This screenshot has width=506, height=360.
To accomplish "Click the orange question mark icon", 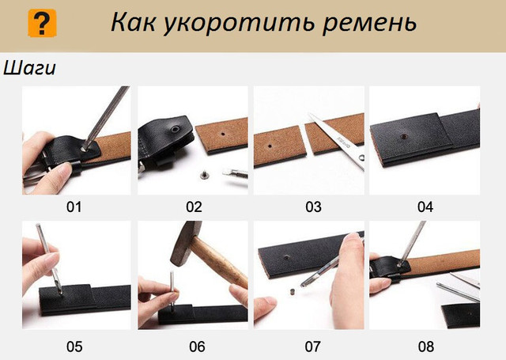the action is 42,23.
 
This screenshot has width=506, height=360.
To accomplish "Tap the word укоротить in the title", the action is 239,24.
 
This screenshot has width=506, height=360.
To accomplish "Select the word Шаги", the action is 29,68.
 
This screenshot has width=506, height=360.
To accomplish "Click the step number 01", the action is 74,207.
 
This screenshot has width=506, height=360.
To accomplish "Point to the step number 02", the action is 194,207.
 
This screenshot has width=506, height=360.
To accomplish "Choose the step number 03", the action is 313,207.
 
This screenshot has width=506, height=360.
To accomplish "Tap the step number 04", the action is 425,207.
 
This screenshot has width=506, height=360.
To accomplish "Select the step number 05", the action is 74,347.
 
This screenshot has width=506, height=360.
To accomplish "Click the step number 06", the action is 197,347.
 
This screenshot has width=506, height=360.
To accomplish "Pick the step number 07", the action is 313,347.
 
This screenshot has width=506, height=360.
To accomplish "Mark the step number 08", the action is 425,347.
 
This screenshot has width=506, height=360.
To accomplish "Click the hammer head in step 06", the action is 184,241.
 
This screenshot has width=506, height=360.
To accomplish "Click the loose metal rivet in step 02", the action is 204,175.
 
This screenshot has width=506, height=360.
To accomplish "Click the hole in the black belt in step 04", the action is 403,137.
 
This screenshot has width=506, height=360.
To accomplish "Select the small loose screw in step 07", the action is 293,291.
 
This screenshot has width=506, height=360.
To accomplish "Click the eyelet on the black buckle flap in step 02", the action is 176,130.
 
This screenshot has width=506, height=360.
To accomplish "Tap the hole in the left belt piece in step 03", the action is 270,146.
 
